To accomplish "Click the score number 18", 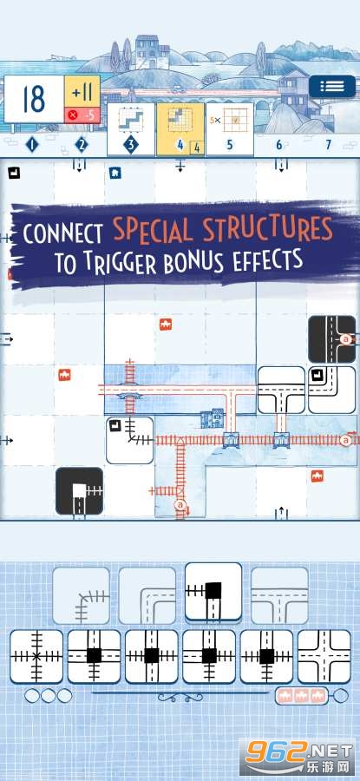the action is coord(34,99).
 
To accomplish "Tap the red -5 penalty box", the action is coord(82,115).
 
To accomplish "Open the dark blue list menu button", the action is coord(332,86).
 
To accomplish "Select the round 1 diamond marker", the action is coord(32,145).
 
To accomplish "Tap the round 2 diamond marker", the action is coord(82,145).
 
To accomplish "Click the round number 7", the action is coord(328,145).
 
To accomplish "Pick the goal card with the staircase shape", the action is coord(130,128).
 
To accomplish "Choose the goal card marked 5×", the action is coord(230,128).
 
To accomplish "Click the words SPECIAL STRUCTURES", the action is coord(222,231).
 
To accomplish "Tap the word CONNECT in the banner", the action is coord(63,233).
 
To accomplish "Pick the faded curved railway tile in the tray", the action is coord(81,595).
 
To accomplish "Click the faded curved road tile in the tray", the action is coord(147,595).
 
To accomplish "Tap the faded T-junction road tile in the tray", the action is coord(279,595).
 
